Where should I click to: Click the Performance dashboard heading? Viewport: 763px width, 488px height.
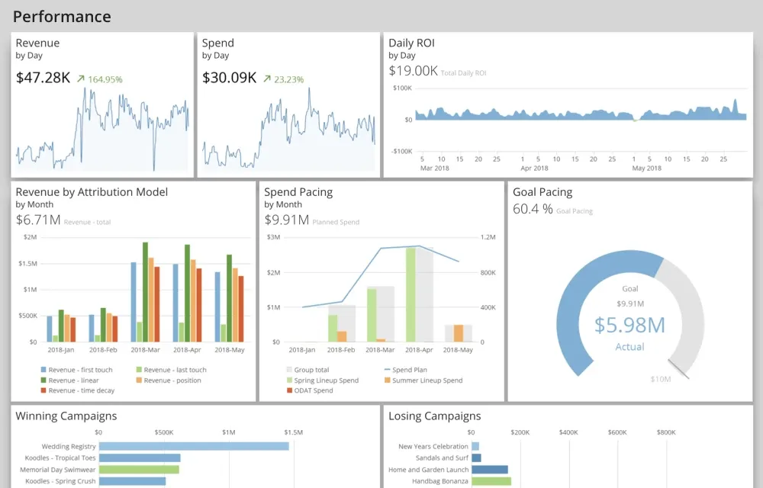click(x=62, y=16)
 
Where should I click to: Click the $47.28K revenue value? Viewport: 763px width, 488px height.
click(x=43, y=78)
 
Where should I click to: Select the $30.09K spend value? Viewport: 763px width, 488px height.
click(x=229, y=78)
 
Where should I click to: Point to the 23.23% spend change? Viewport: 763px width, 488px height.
click(x=284, y=79)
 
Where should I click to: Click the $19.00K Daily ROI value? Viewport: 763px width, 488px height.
click(x=413, y=71)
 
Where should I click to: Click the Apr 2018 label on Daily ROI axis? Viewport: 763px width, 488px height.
click(x=534, y=168)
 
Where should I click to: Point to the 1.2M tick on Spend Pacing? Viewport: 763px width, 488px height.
click(x=487, y=237)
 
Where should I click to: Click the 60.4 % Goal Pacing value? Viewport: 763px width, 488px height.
click(x=533, y=209)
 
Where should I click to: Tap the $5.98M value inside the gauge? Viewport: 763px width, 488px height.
click(x=629, y=325)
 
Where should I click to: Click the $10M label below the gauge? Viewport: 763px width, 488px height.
click(x=660, y=379)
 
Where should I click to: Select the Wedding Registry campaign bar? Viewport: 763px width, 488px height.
click(x=194, y=446)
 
